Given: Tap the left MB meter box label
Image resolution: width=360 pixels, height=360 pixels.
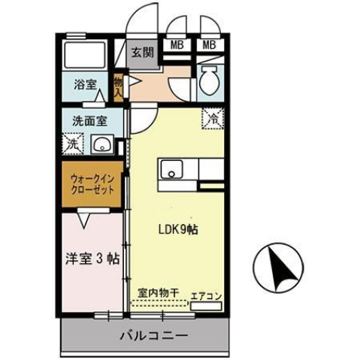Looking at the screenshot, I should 177,45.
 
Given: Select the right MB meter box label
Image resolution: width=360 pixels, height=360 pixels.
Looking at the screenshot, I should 209,45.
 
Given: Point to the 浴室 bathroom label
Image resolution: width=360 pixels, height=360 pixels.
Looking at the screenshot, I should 85,86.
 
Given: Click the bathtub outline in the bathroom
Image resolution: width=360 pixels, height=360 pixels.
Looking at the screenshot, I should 86,55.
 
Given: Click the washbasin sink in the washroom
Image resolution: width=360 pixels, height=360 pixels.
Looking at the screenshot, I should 101,144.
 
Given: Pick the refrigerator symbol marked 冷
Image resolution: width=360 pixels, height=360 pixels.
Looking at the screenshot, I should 213,118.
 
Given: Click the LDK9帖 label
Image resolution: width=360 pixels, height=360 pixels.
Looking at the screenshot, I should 177,230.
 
